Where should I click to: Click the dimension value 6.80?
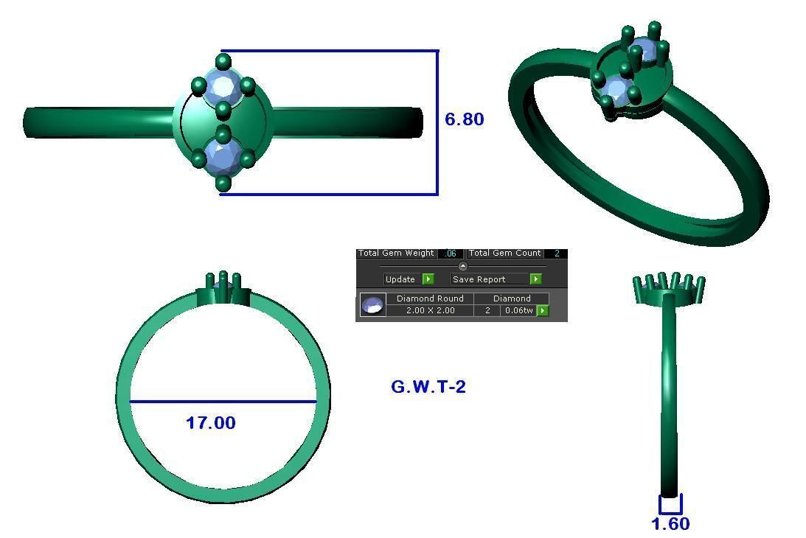coord(465,119)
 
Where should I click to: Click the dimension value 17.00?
coord(211,423)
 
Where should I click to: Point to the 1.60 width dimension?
coord(670,524)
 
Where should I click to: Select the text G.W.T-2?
coord(428,387)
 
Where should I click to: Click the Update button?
coord(400,279)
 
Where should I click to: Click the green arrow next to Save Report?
coord(536,279)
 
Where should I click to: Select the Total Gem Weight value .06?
coord(451,254)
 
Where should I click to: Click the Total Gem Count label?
coord(505,254)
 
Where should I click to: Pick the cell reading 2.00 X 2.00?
coord(430,311)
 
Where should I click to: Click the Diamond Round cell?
coord(430,298)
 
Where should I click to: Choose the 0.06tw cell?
coord(518,311)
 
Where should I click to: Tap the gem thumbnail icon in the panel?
coord(372,305)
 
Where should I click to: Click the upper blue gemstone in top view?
coord(222,87)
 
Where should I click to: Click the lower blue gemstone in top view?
coord(222,156)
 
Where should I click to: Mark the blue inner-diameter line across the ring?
coord(223,402)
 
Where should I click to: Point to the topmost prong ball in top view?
coord(223,60)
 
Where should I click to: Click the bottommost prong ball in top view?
coord(223,184)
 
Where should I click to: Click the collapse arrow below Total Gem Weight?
coord(463,267)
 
